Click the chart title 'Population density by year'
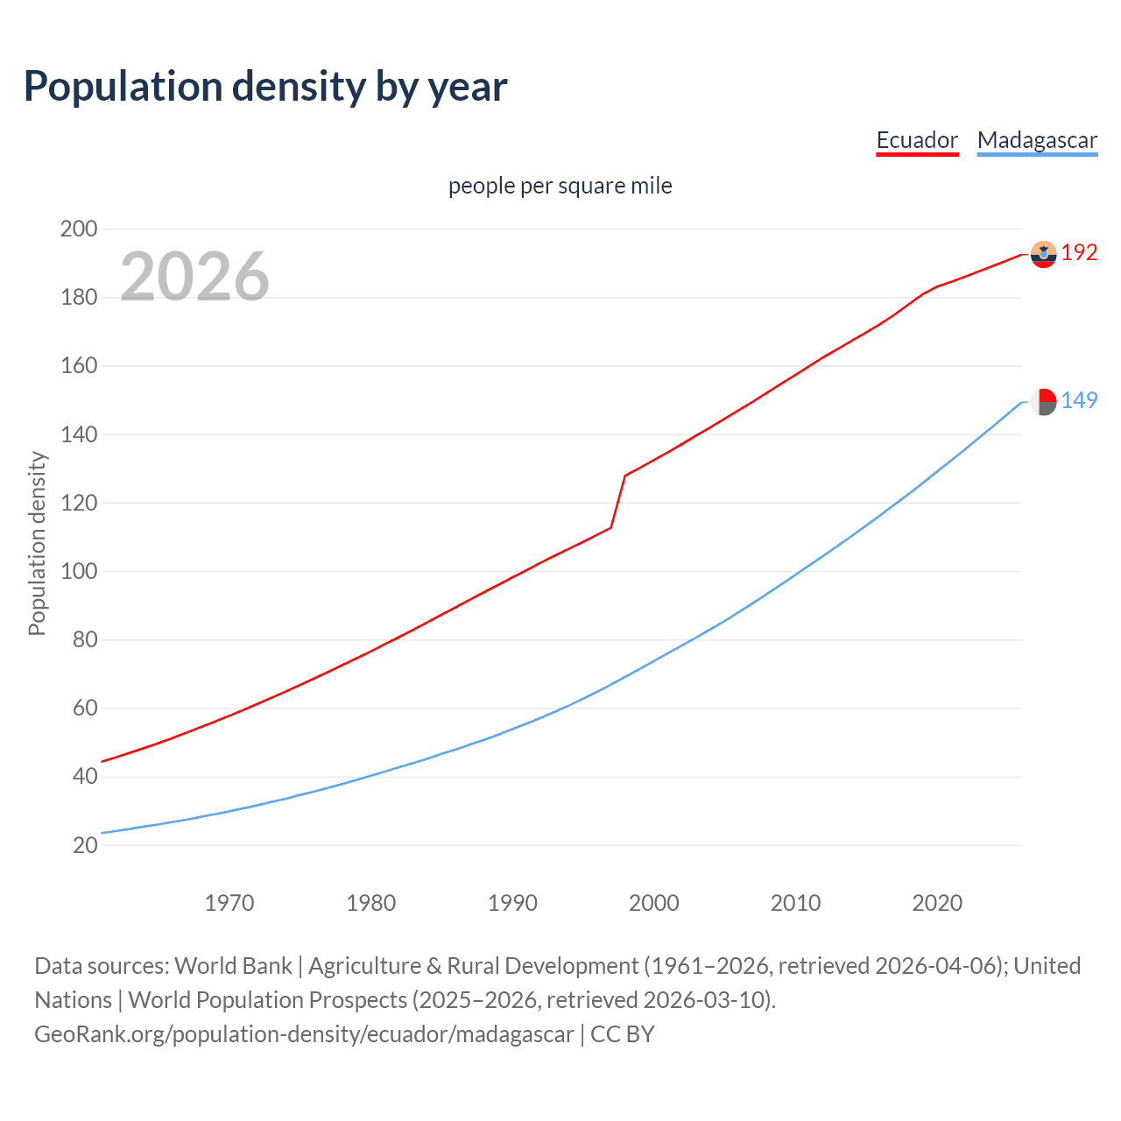265,87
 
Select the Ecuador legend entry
917,140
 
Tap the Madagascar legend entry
1037,140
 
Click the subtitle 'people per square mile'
560,186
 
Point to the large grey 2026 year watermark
194,277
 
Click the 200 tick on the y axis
79,229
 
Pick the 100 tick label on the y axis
79,572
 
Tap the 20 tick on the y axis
85,845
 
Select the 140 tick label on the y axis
79,434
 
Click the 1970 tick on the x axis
229,903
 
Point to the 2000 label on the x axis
654,903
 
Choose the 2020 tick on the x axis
937,903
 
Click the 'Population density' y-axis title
37,543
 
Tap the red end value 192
1079,253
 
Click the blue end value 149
1079,401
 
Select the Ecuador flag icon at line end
1043,254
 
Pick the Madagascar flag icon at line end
1043,401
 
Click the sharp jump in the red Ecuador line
618,501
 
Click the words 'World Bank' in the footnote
233,966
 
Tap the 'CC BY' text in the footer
623,1034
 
